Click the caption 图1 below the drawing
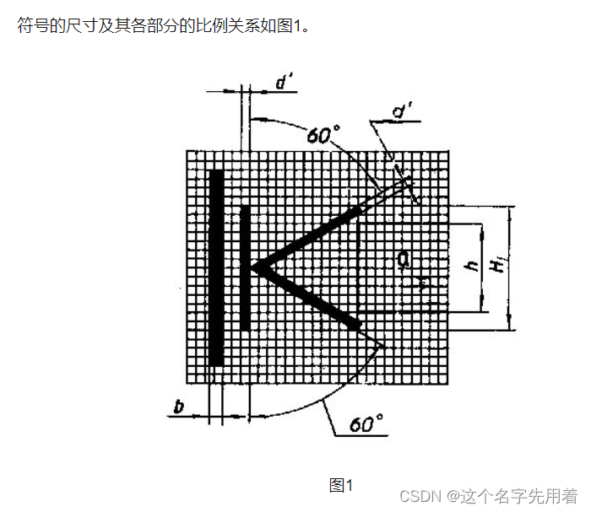(340, 485)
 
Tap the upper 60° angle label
(323, 135)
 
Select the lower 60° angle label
(366, 423)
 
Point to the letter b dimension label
(178, 407)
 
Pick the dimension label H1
(500, 265)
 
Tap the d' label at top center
(284, 83)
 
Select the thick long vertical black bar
(217, 267)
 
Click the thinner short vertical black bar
(245, 267)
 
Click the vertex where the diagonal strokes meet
(253, 269)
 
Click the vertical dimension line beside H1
(509, 267)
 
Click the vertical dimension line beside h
(483, 267)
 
